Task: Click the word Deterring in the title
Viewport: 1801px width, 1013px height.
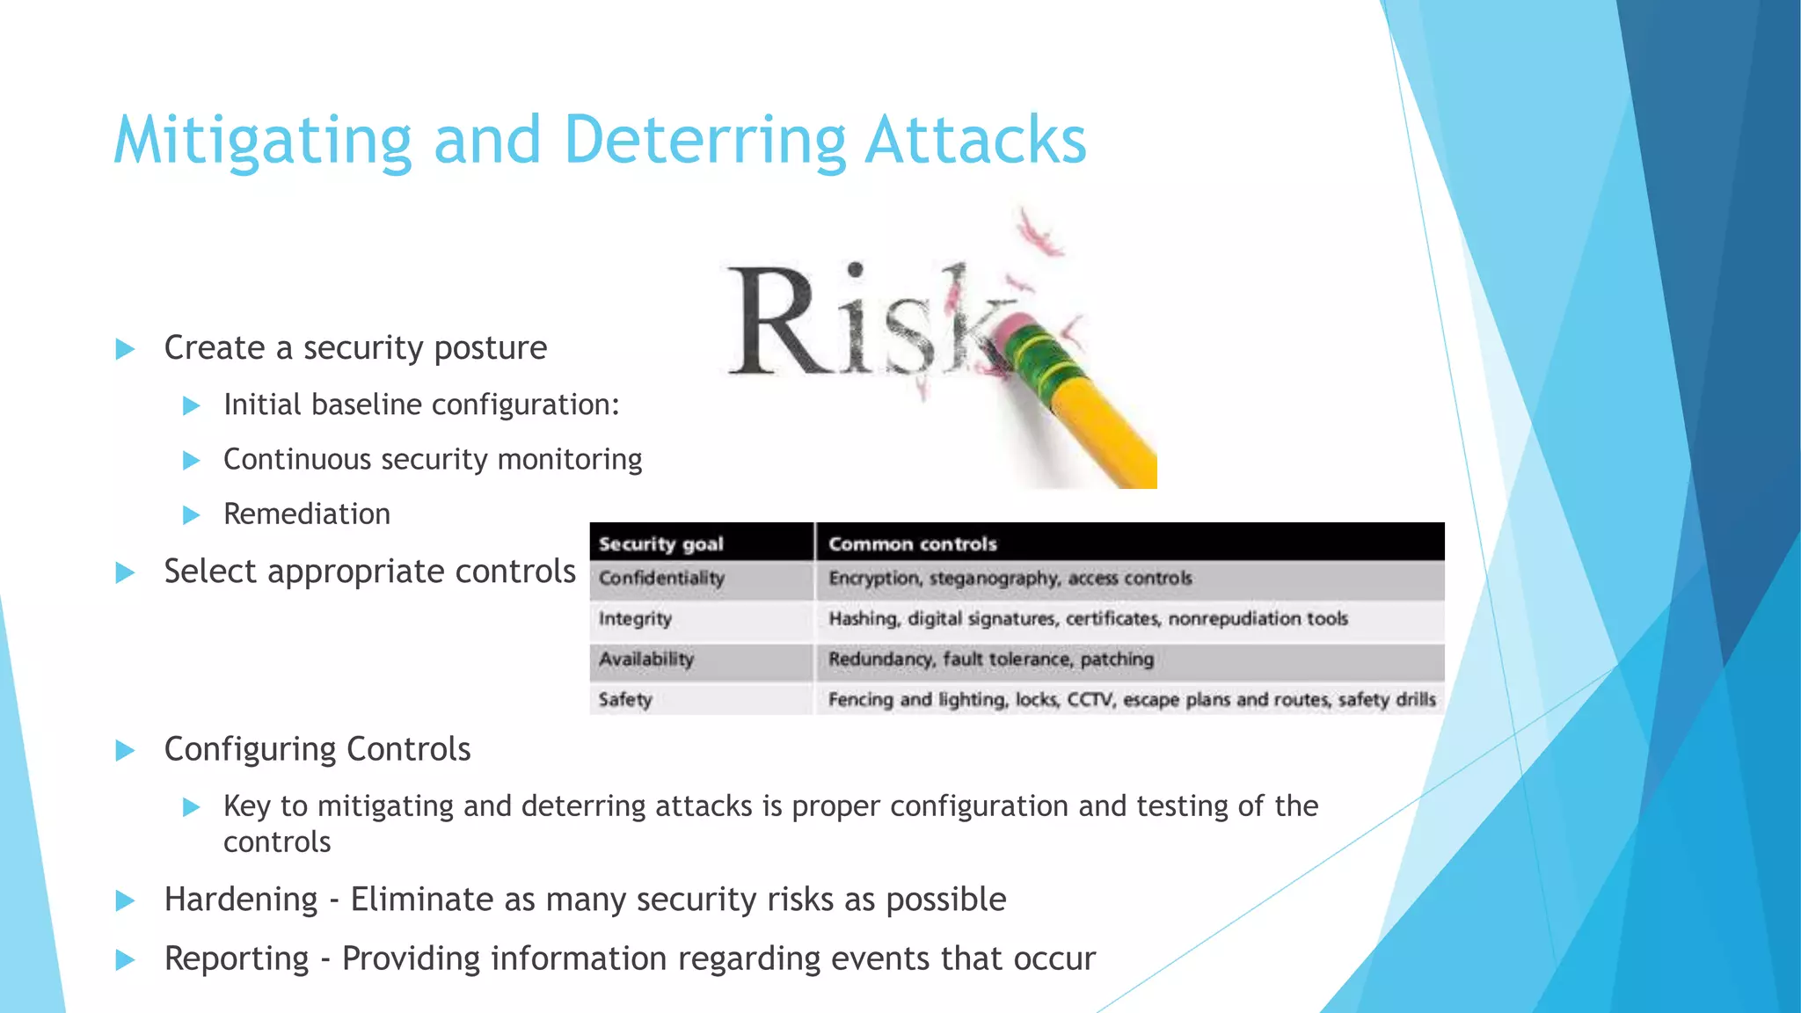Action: click(x=704, y=141)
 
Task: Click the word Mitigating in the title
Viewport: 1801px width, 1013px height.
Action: click(x=262, y=141)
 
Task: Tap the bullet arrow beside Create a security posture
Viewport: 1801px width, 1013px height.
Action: click(x=125, y=349)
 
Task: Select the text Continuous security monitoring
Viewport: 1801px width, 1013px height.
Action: click(x=432, y=460)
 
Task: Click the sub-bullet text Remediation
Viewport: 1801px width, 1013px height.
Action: click(x=306, y=514)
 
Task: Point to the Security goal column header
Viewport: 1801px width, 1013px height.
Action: click(x=661, y=543)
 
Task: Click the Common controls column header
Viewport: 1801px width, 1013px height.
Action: click(x=912, y=543)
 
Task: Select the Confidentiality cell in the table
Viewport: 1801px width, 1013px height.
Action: click(x=661, y=579)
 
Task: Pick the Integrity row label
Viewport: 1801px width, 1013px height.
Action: click(x=635, y=619)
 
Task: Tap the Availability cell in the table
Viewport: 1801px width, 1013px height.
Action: click(x=646, y=660)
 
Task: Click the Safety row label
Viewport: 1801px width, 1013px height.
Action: click(x=625, y=700)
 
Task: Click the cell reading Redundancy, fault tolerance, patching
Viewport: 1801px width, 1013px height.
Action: click(x=990, y=660)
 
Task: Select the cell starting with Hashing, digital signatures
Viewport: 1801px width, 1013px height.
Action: click(x=1087, y=619)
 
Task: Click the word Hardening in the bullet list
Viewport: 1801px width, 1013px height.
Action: click(x=240, y=900)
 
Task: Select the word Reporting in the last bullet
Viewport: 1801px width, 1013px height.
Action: click(x=236, y=958)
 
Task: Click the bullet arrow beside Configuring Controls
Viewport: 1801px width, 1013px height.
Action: click(x=125, y=751)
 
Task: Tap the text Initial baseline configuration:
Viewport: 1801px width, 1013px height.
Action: click(x=421, y=405)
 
